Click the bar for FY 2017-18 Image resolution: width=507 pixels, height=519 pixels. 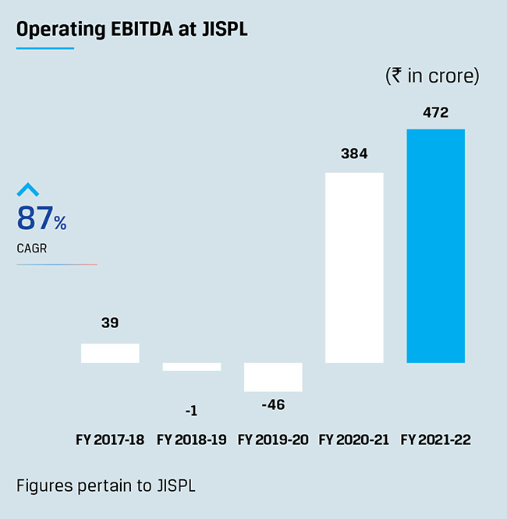pos(110,353)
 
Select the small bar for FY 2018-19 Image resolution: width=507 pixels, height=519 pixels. pos(192,366)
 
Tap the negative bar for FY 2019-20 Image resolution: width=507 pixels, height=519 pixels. pos(273,377)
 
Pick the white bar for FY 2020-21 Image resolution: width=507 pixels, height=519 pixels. pos(354,267)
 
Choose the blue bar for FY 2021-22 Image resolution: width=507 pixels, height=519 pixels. pos(435,245)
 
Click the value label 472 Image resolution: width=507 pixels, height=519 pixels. pos(435,113)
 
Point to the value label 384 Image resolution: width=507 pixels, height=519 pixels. pos(354,154)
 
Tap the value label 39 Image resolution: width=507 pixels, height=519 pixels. pos(110,323)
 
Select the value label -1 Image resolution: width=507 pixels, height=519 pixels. pos(192,411)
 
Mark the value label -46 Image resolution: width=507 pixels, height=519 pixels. pos(272,404)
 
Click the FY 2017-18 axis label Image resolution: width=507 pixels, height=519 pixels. pos(110,440)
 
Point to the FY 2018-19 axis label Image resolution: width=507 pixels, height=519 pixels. pos(192,440)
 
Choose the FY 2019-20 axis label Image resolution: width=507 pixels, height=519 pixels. pos(273,440)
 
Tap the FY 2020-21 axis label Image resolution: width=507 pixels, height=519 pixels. pos(354,440)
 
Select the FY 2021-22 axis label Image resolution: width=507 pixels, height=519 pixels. pos(435,440)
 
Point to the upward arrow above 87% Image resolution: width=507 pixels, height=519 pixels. pos(28,189)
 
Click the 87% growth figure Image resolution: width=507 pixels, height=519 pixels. pos(41,219)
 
